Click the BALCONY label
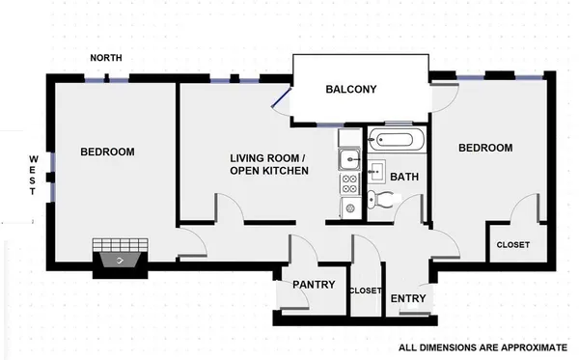(x=350, y=90)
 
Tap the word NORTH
(x=106, y=59)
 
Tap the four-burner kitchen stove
(x=348, y=180)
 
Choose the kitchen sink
(x=348, y=159)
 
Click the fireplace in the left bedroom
(x=121, y=257)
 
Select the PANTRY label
(x=314, y=285)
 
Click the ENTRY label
(x=408, y=298)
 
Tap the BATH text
(x=403, y=178)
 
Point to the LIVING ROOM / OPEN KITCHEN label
(x=268, y=164)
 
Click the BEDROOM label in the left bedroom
(x=107, y=152)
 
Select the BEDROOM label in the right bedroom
(x=484, y=148)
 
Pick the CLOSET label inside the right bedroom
(x=513, y=245)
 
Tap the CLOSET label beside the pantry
(x=365, y=291)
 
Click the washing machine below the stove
(x=348, y=206)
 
